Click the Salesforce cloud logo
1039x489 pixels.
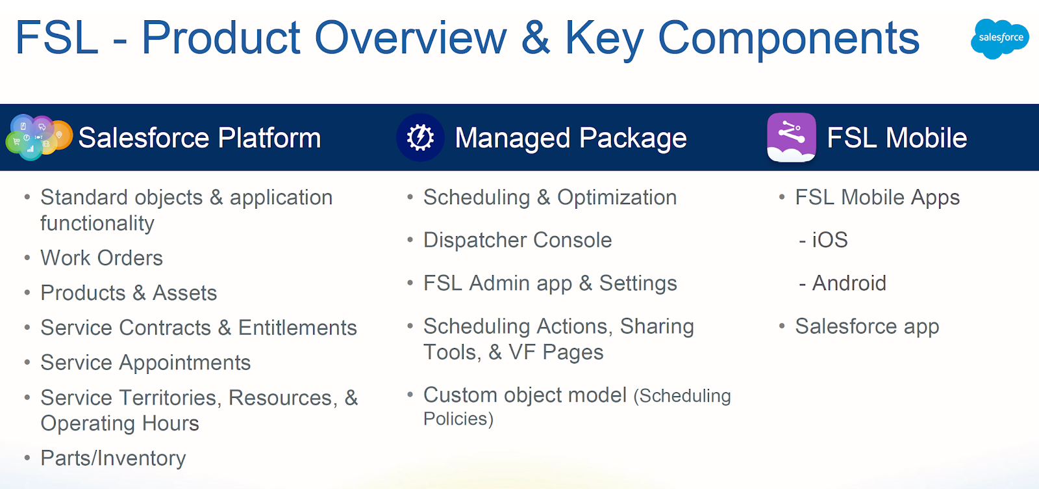coord(999,38)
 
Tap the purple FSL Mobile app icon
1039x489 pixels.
coord(792,137)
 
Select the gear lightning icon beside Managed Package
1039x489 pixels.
coord(420,137)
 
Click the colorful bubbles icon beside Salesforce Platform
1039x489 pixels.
coord(39,137)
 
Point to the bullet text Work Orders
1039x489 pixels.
coord(101,258)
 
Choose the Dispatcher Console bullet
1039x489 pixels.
coord(518,240)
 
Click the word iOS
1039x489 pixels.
coord(830,240)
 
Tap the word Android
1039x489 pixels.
coord(849,284)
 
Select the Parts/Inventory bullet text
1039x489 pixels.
coord(113,458)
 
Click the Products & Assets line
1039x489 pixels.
coord(129,293)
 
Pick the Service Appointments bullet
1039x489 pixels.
coord(145,363)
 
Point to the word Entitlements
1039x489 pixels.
coord(297,328)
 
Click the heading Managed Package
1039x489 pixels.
coord(571,138)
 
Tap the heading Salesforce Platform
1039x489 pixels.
coord(199,138)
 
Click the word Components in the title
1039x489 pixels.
coord(788,39)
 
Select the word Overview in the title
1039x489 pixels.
coord(410,38)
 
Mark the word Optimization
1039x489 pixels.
coord(617,198)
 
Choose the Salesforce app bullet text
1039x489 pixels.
coord(868,326)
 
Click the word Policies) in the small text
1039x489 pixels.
coord(458,419)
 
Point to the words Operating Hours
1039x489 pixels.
coord(119,423)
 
